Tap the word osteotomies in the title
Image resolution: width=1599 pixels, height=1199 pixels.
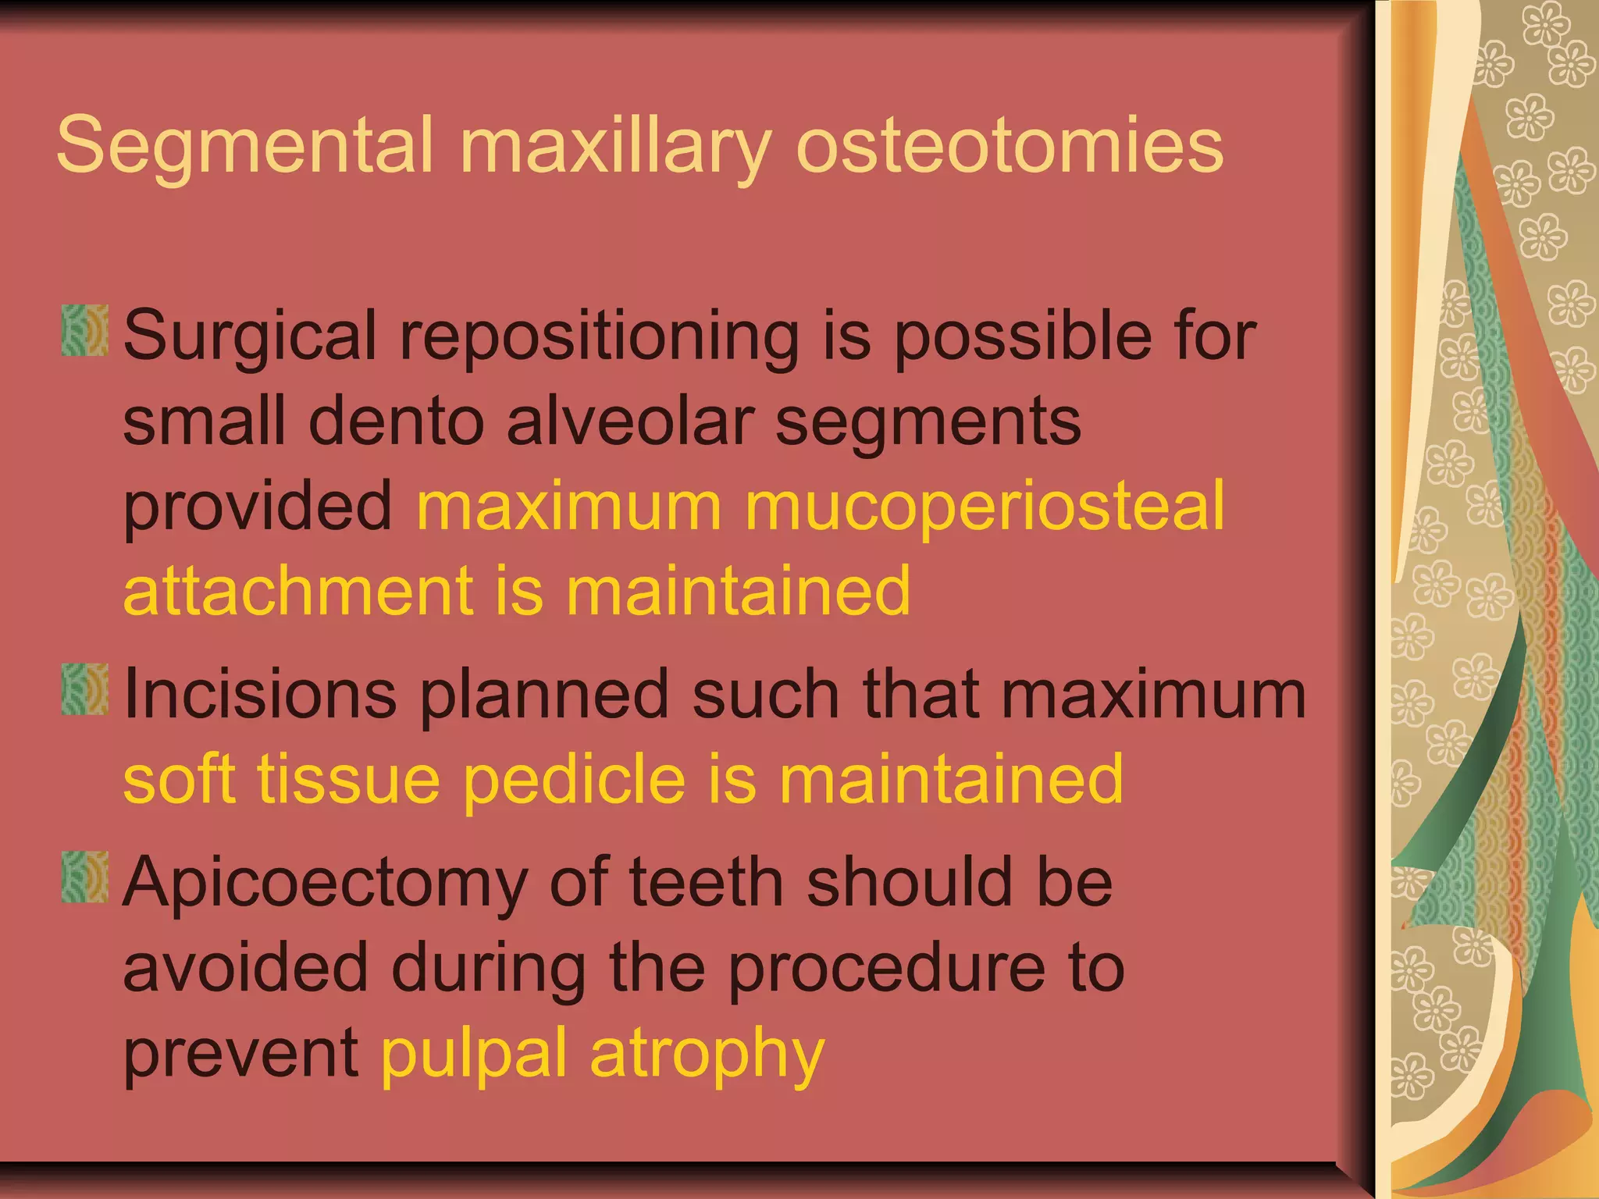(1009, 146)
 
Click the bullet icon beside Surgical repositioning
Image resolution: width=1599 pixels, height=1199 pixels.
(84, 332)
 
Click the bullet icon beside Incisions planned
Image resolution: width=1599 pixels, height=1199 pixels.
(84, 689)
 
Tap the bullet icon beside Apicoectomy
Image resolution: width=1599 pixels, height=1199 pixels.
(84, 877)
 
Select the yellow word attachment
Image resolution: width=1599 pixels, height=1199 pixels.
(297, 591)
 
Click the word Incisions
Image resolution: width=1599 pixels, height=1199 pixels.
(260, 695)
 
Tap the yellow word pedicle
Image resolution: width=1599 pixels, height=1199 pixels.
(574, 781)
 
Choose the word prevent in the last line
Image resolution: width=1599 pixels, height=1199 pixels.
(240, 1054)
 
